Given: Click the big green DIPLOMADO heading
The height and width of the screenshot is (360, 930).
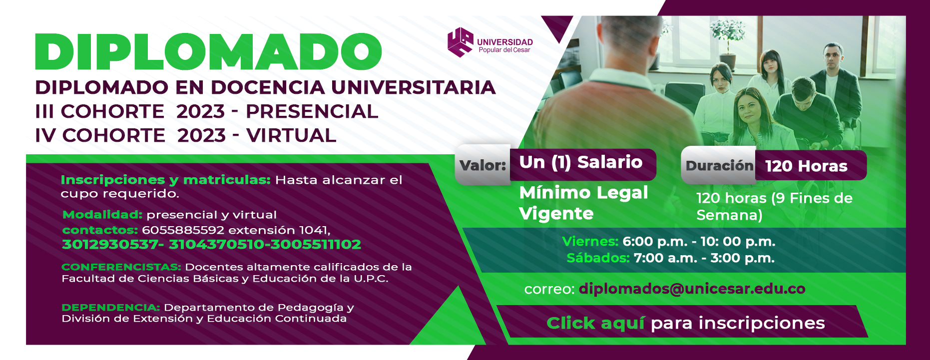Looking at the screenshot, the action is (x=208, y=52).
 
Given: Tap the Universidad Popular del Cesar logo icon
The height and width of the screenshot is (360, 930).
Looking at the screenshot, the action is (x=460, y=42).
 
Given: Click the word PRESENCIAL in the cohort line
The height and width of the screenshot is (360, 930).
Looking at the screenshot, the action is (x=312, y=111).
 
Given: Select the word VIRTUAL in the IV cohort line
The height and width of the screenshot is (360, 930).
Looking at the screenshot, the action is (x=291, y=135).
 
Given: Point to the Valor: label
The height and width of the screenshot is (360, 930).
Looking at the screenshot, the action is (x=482, y=165).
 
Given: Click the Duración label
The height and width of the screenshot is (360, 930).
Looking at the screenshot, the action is (x=719, y=166).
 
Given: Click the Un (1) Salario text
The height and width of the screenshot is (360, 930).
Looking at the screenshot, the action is (x=581, y=162).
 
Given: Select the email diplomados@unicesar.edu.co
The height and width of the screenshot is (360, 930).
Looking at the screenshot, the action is (x=692, y=289).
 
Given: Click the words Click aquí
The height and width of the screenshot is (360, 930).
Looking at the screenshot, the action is (x=596, y=323).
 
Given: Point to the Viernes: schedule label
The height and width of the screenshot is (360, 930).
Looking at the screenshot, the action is (x=590, y=242).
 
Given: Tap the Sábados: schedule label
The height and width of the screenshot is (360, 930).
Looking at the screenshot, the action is (x=598, y=258).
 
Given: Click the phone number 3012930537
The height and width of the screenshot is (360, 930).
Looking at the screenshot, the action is (x=110, y=244).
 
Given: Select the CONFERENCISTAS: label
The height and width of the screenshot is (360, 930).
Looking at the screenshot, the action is (x=121, y=267).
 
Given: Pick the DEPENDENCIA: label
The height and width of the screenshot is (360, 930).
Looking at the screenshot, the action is (x=111, y=308).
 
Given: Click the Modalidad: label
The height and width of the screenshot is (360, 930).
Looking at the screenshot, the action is (x=102, y=215).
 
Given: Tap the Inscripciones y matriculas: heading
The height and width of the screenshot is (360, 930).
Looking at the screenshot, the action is (x=166, y=180).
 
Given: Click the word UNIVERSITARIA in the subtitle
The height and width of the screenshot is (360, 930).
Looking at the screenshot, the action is (x=414, y=87).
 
